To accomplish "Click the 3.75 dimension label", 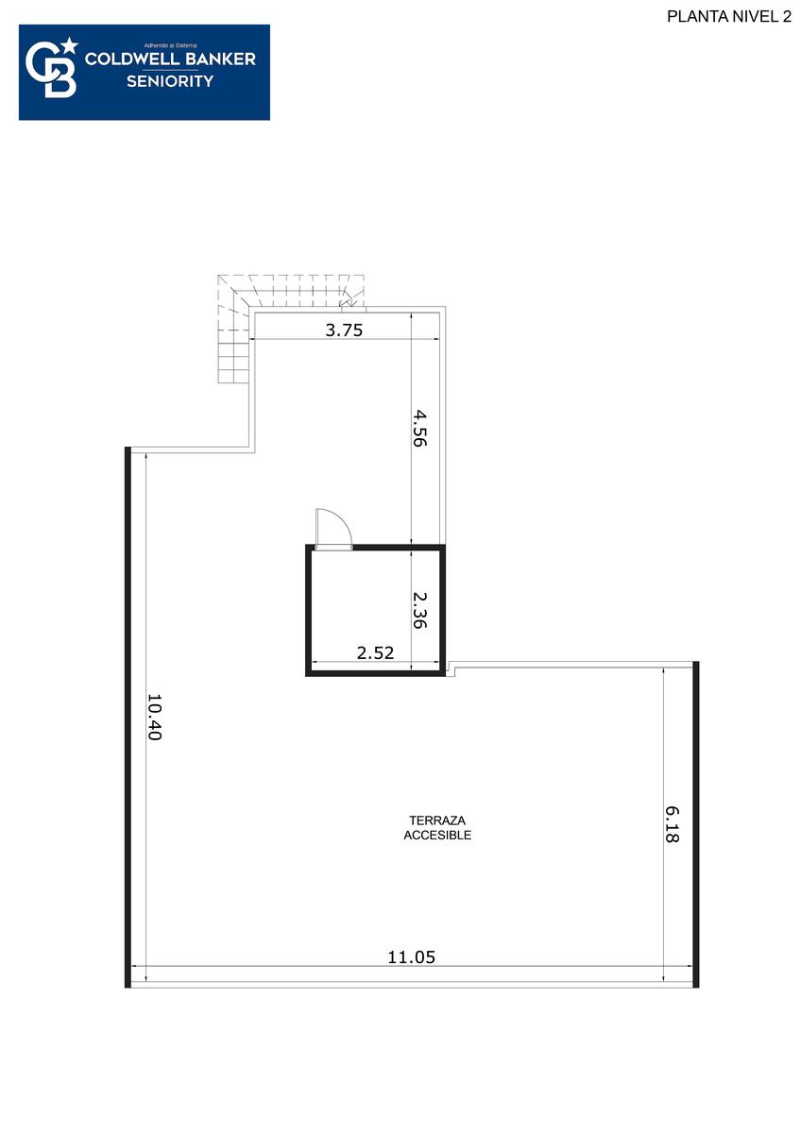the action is pos(344,330).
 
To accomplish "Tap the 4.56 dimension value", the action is pos(419,429).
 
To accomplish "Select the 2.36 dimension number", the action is pos(419,610).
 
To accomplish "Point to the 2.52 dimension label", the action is pos(375,653).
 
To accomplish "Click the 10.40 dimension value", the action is pos(154,717).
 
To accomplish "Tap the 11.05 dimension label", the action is pos(412,957).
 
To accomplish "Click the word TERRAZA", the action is pos(437,820).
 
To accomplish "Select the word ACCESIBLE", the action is pos(437,835).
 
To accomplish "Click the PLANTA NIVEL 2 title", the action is pos(728,17).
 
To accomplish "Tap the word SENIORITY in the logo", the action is pos(170,81).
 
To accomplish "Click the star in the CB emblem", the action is pos(70,46).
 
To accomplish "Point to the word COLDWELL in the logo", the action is pos(131,59).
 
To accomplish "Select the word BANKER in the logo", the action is pos(220,59).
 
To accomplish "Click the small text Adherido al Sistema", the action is pos(170,45).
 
